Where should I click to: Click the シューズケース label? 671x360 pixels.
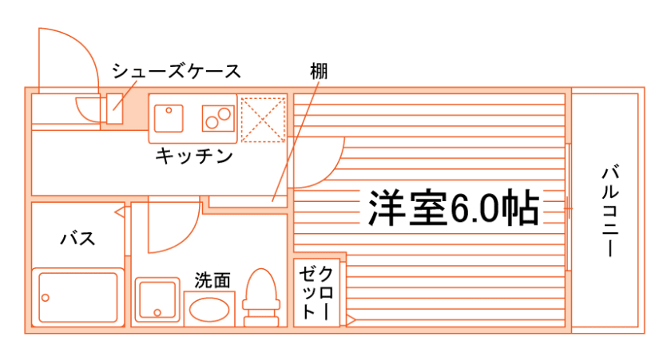pyautogui.click(x=176, y=71)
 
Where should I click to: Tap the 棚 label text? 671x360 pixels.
pyautogui.click(x=319, y=70)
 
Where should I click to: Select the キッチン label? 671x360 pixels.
pyautogui.click(x=194, y=156)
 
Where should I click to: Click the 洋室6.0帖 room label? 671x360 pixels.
pyautogui.click(x=453, y=209)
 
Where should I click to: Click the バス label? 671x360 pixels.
pyautogui.click(x=78, y=238)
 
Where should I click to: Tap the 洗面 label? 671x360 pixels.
pyautogui.click(x=212, y=280)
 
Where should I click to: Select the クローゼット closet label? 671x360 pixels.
pyautogui.click(x=316, y=293)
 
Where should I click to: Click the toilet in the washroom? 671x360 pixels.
pyautogui.click(x=260, y=298)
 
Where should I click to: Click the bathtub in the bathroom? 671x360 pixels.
pyautogui.click(x=77, y=299)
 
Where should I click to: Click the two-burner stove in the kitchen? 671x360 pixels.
pyautogui.click(x=216, y=119)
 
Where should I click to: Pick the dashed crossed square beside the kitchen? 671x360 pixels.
pyautogui.click(x=263, y=118)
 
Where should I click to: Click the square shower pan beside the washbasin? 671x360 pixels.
pyautogui.click(x=157, y=299)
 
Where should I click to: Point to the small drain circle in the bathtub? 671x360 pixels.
pyautogui.click(x=46, y=297)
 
